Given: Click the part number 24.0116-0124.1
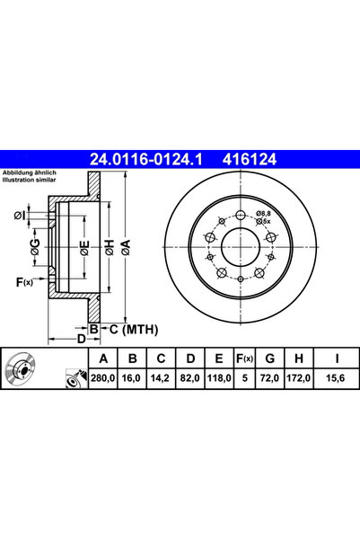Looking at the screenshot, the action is [x=146, y=159].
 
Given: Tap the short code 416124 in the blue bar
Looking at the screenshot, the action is [x=250, y=159].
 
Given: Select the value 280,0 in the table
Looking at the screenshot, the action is [x=103, y=378].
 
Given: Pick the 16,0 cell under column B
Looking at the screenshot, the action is [x=132, y=378].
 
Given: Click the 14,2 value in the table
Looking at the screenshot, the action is [x=161, y=378].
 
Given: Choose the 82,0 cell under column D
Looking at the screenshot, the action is [x=190, y=378].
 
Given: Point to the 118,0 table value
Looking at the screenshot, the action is [x=219, y=378].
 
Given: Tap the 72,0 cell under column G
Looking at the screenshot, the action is [x=270, y=378].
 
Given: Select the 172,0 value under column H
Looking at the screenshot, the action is [x=298, y=378].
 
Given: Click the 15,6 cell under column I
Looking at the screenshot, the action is [x=336, y=378].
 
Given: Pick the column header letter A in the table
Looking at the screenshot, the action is [x=103, y=359].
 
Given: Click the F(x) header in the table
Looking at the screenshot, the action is [x=244, y=359].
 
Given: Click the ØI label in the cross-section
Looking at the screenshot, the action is [x=20, y=216].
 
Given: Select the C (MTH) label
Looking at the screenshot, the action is [x=134, y=330].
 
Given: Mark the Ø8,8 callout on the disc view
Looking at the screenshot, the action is [x=264, y=214].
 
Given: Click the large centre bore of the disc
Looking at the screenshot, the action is [x=241, y=247].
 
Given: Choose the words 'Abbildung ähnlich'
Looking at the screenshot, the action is [x=30, y=173].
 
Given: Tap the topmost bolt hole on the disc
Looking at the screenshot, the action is [x=241, y=216].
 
